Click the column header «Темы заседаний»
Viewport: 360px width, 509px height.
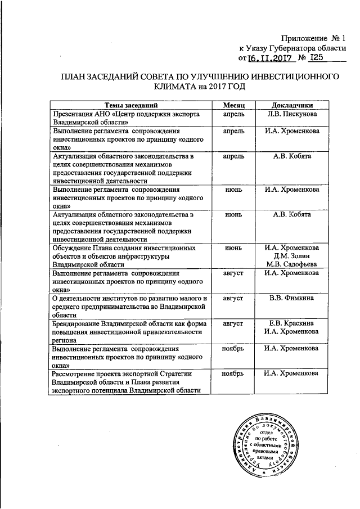[x=129, y=105]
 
